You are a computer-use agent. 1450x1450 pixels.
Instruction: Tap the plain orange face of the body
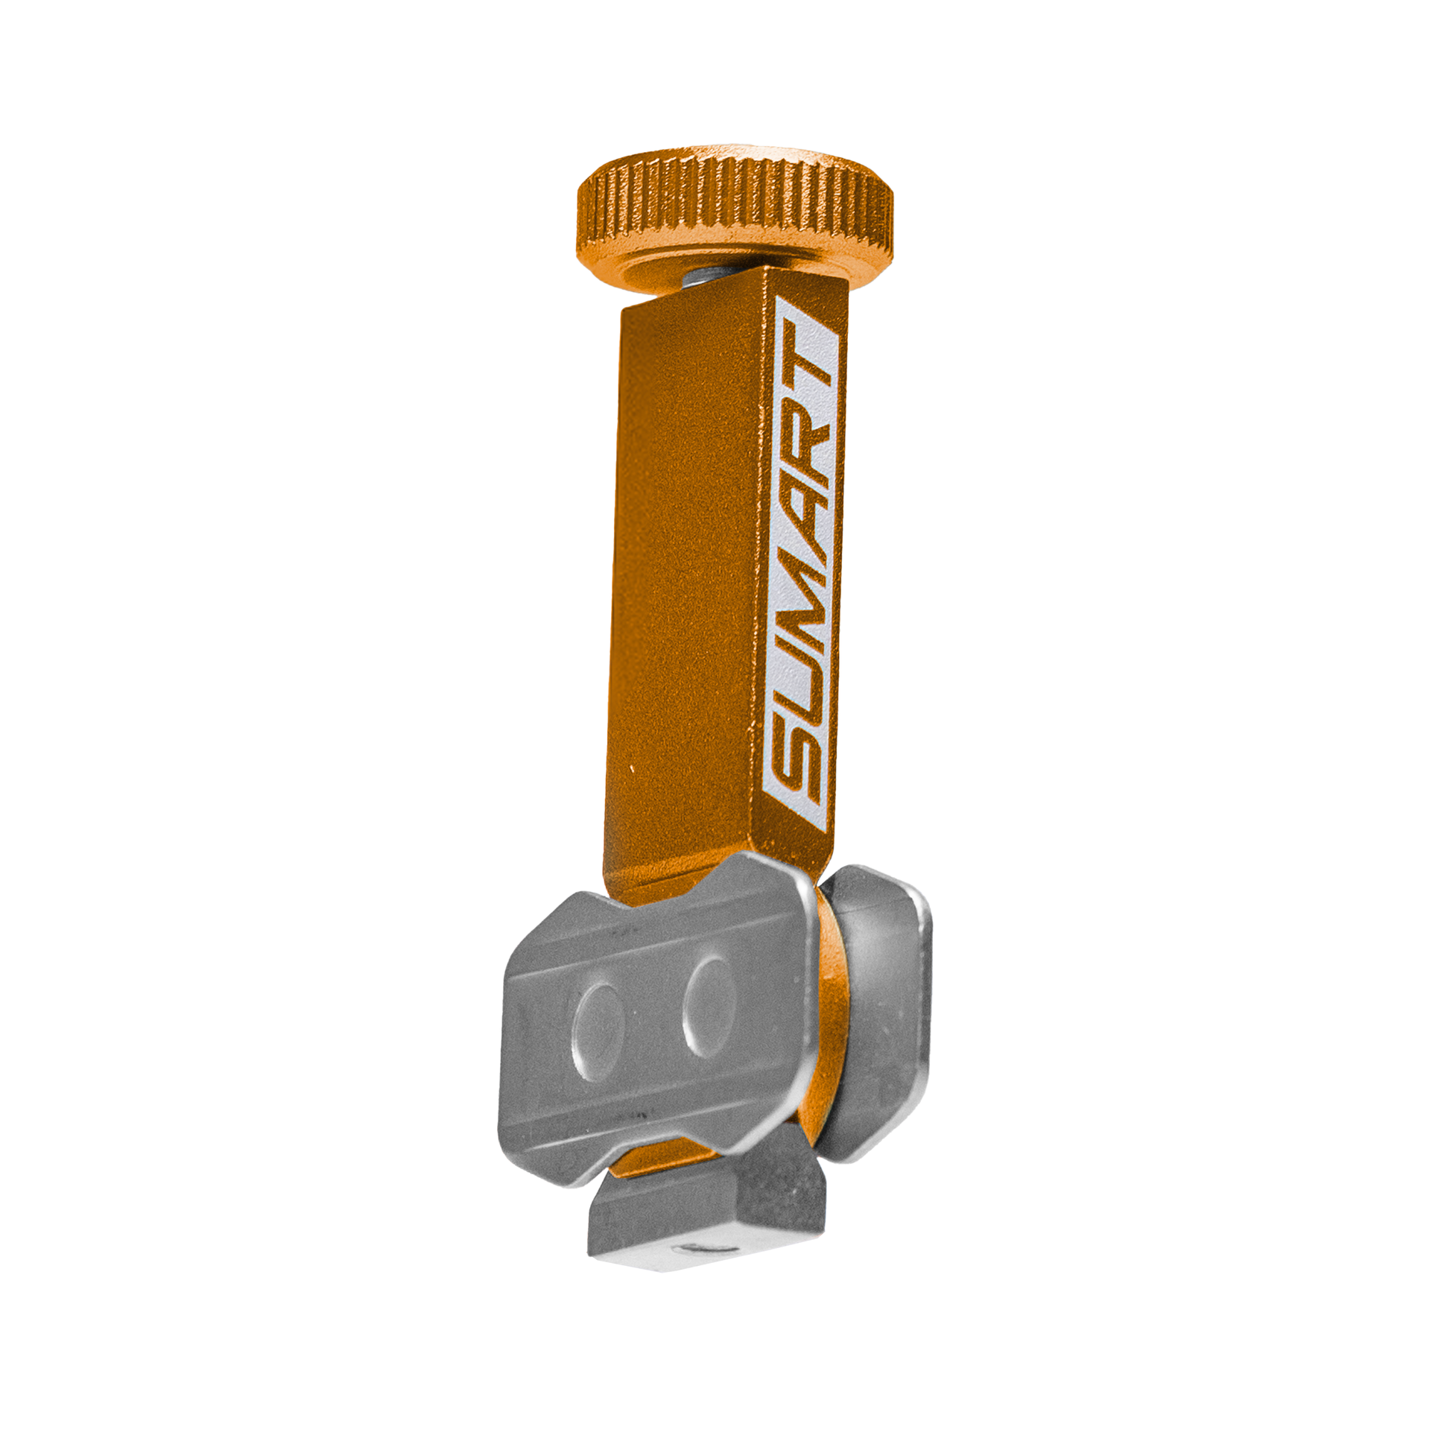tap(683, 571)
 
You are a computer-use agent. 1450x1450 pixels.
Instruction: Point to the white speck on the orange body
tap(632, 768)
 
